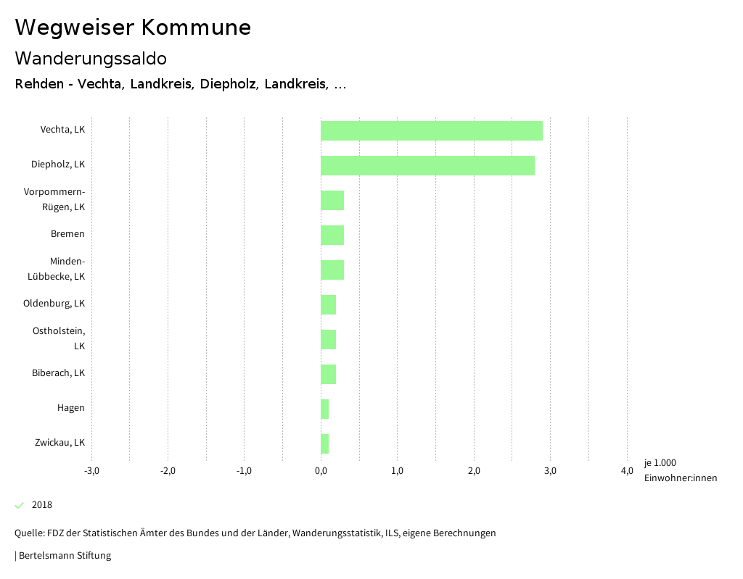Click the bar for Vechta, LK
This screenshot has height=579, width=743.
[431, 130]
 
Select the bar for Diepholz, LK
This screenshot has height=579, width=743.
[427, 165]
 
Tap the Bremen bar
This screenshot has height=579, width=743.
[332, 235]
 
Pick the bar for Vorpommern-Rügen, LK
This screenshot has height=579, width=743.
[332, 200]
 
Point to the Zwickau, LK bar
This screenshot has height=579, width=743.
[324, 443]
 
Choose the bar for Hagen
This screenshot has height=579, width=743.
[324, 409]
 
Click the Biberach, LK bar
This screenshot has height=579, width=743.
[328, 374]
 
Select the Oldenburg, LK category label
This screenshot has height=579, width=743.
[54, 304]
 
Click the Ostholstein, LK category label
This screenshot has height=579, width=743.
[59, 338]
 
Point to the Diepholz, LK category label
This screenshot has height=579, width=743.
[58, 164]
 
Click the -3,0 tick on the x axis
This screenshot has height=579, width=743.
[91, 471]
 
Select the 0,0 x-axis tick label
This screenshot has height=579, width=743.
[321, 471]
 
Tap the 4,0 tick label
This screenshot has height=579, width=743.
[627, 471]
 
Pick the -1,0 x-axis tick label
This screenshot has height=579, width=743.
[245, 471]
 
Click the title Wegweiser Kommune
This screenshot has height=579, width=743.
[133, 28]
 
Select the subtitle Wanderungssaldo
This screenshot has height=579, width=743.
[91, 58]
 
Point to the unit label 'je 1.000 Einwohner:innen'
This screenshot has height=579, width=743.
[680, 470]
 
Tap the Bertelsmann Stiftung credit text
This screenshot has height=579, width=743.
[63, 556]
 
